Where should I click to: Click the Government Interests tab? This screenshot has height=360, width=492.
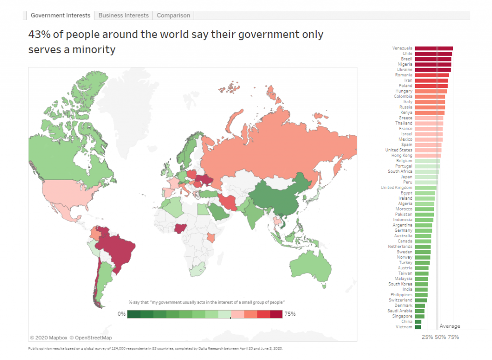pyautogui.click(x=60, y=15)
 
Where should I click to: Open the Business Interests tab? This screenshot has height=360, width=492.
pyautogui.click(x=123, y=15)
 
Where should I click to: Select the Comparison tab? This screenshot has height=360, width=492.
pyautogui.click(x=173, y=15)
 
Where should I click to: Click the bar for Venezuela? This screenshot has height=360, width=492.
pyautogui.click(x=433, y=48)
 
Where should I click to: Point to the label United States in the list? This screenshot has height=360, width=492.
pyautogui.click(x=398, y=150)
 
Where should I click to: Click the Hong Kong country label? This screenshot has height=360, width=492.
pyautogui.click(x=402, y=156)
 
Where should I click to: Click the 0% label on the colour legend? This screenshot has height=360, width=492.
pyautogui.click(x=121, y=314)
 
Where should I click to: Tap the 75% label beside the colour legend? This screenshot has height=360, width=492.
pyautogui.click(x=290, y=314)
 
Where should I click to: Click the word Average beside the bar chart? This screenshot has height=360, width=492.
pyautogui.click(x=450, y=326)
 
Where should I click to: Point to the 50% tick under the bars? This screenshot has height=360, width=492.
pyautogui.click(x=440, y=337)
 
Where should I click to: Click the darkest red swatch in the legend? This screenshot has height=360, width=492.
pyautogui.click(x=276, y=314)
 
